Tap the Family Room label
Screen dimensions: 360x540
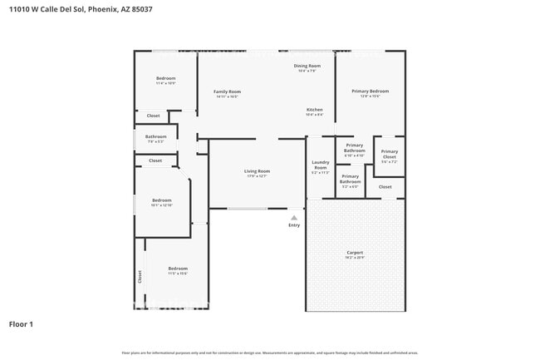(x=227, y=91)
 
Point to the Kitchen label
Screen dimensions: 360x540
(x=314, y=110)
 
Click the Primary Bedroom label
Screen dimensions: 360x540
(x=370, y=91)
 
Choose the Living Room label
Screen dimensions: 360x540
(x=257, y=171)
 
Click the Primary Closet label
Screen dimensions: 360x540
(x=390, y=154)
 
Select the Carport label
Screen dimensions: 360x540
(x=355, y=253)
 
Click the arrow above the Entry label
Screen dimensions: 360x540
(x=293, y=218)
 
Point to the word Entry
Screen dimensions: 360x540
(x=294, y=225)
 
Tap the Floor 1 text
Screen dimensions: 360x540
(x=22, y=323)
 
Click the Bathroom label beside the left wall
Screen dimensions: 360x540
(x=155, y=136)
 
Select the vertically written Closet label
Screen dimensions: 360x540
(x=140, y=277)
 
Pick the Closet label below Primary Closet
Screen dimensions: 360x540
(x=385, y=187)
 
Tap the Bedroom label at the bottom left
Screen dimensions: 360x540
(x=178, y=269)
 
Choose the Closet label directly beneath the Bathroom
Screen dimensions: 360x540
(x=155, y=160)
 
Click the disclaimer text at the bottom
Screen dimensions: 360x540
(x=270, y=353)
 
